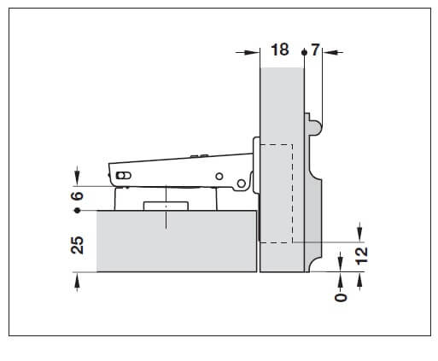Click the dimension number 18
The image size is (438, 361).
(x=280, y=50)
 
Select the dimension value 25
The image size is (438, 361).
(x=77, y=245)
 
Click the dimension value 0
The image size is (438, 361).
(x=342, y=294)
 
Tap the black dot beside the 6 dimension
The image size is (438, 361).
(x=77, y=209)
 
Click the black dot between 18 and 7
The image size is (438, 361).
(x=303, y=53)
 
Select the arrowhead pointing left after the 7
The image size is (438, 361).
(x=332, y=53)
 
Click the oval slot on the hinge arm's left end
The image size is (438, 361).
(x=124, y=175)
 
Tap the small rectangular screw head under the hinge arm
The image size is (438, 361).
(x=166, y=206)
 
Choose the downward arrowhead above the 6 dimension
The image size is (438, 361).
(x=77, y=180)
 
